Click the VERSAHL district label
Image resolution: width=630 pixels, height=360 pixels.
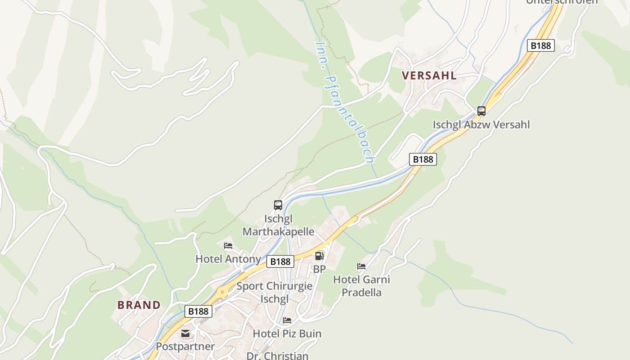tap(429, 75)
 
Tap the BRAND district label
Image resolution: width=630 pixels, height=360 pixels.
tap(139, 305)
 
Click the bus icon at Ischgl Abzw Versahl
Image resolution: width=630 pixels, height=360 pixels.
tap(481, 111)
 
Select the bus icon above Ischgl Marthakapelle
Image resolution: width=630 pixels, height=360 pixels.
tap(278, 205)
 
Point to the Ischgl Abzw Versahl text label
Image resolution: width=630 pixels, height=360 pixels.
tap(481, 125)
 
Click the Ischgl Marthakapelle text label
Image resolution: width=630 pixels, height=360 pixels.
tap(278, 225)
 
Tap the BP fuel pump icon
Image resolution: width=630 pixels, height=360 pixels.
tap(319, 256)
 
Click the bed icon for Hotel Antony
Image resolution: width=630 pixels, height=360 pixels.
tap(228, 246)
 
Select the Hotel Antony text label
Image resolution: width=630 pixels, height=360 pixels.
tap(228, 259)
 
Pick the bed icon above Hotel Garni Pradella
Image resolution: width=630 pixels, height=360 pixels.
tap(361, 266)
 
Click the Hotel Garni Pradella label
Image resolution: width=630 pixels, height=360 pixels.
tap(361, 286)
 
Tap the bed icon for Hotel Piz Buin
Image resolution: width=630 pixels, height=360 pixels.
tap(287, 320)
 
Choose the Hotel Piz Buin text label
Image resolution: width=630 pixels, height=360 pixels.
tap(287, 333)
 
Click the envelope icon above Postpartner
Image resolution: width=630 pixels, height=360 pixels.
tap(185, 333)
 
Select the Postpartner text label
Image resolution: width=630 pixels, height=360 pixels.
tap(185, 346)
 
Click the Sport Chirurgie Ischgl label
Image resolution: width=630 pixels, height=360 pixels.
tap(274, 292)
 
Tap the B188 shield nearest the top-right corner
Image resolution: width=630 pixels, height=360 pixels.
tap(540, 45)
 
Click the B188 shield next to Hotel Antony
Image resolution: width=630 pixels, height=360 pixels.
tap(280, 261)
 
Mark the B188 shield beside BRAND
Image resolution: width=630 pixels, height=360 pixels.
tap(198, 311)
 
